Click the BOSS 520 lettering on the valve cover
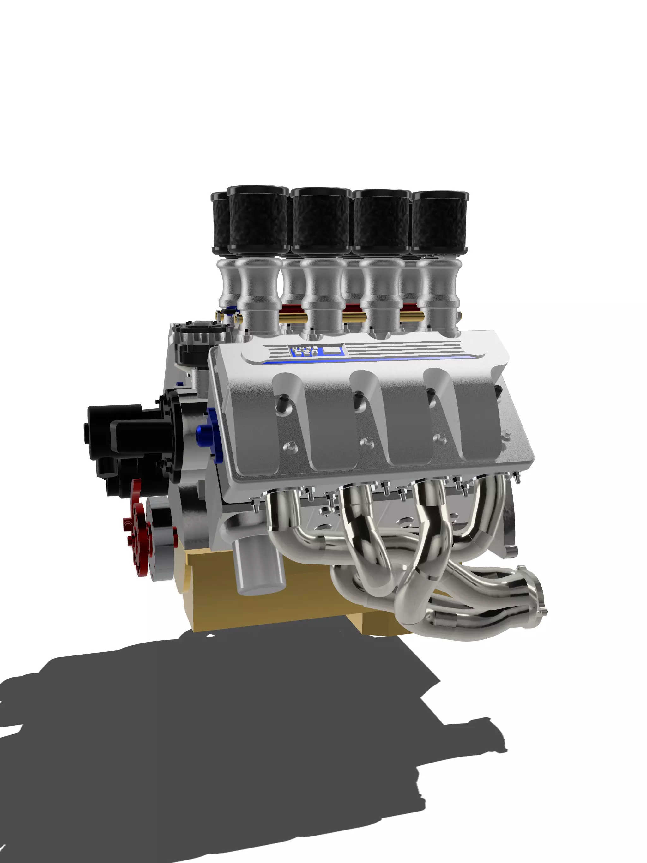coord(305,350)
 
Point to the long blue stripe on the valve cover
coord(375,359)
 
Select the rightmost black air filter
coord(440,222)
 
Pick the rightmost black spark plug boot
coord(498,390)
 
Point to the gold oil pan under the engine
coord(273,609)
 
